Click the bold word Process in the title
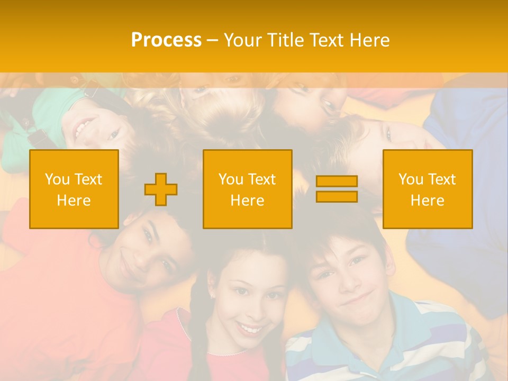pos(166,40)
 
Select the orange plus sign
pos(161,189)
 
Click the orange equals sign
pos(337,189)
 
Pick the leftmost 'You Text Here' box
pos(74,189)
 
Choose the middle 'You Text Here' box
pos(248,189)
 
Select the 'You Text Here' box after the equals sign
pos(428,189)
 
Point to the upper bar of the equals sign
pos(337,182)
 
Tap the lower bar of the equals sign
pos(337,197)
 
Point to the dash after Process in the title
pos(212,40)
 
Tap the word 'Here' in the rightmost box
pos(428,200)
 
